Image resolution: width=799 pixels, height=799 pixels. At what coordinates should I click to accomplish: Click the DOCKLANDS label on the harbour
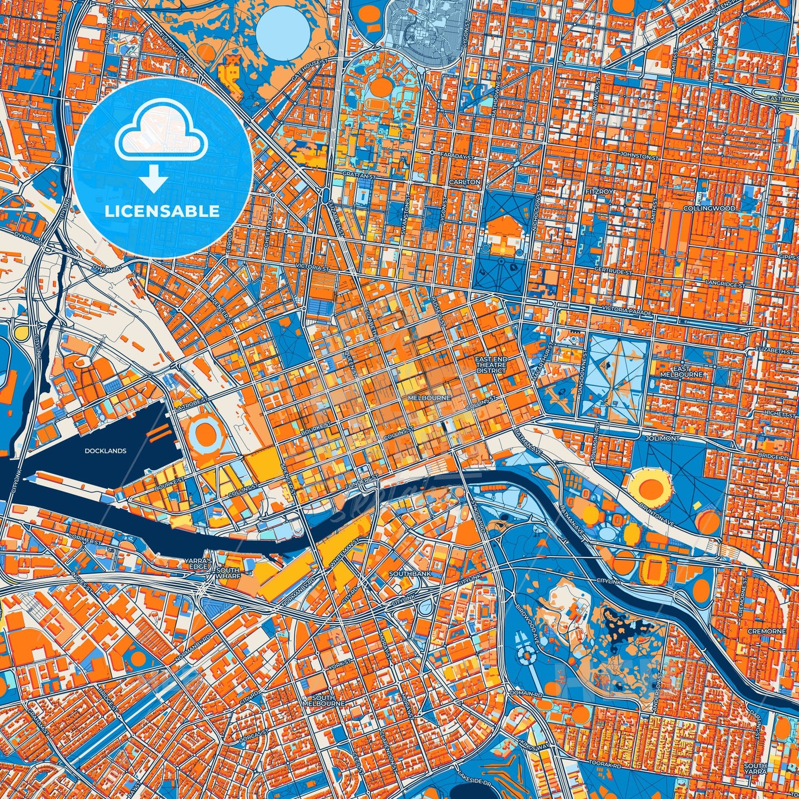(105, 451)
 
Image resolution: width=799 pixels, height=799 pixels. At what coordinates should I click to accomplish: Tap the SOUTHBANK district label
(410, 574)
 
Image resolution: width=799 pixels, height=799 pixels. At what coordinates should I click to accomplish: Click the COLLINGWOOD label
(709, 208)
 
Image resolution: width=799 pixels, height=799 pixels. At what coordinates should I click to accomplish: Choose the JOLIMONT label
(666, 438)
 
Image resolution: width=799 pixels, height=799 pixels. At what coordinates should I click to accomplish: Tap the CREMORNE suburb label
(766, 631)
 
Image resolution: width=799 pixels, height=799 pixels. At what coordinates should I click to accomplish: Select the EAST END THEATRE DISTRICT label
(491, 365)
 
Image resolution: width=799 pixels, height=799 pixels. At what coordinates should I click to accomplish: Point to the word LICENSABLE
(163, 211)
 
